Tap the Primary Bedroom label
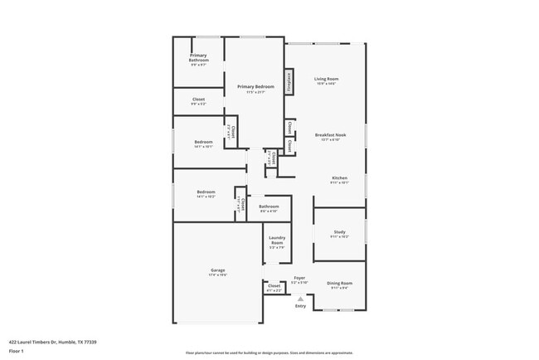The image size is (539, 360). point(255,87)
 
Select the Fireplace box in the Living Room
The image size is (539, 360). point(290,81)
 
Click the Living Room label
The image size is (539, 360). point(326,80)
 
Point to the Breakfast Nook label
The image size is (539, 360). point(330,134)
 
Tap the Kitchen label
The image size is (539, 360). point(339,178)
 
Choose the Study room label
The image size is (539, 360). point(339,233)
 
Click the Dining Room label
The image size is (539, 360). point(339,284)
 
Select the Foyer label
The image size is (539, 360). point(299,279)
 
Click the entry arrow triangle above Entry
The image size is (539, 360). point(300,299)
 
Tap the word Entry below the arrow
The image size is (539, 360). point(300,306)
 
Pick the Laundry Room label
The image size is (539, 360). point(277,241)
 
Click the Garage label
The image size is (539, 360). point(217,270)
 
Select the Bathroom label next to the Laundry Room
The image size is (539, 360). point(269,207)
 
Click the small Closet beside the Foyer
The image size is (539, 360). point(274,286)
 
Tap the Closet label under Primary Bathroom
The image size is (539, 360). point(198,100)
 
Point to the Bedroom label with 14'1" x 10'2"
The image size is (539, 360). point(206,192)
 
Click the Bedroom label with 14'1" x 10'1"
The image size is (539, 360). point(204,143)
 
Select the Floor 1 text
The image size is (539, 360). point(17,351)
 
